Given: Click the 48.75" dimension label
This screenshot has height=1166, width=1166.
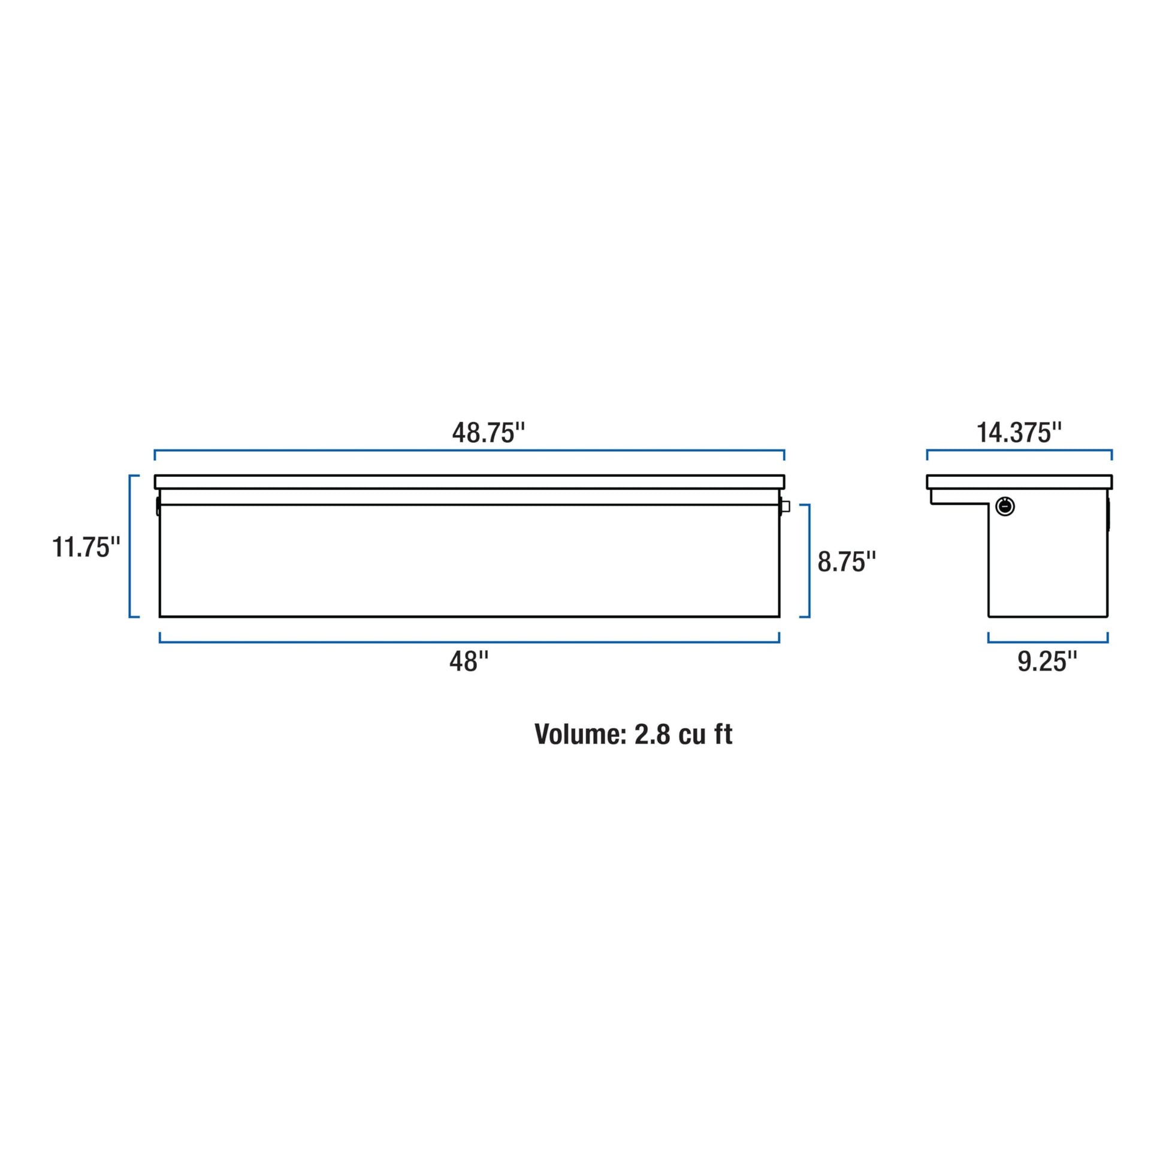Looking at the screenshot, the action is coord(488,433).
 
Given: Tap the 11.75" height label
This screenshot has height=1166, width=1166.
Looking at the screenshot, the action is coord(86,548).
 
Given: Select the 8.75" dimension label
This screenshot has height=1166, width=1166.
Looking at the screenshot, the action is coord(847,561).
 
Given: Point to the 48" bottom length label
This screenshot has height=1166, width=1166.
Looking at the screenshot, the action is coord(469,661).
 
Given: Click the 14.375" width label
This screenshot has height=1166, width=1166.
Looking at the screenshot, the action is coord(1019,433).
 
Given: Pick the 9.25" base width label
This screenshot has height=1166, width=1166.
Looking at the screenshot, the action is coord(1047,661).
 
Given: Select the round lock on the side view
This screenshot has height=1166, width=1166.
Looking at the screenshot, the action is coord(1005,506).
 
